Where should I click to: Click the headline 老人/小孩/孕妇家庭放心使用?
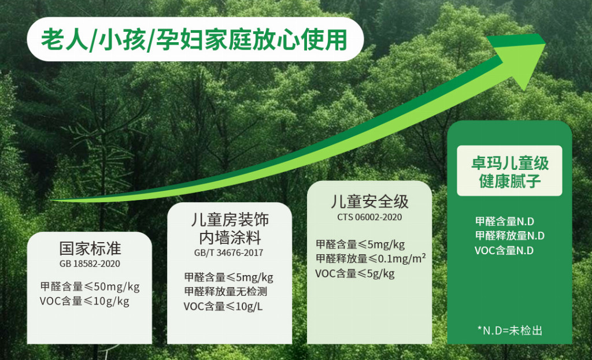[194, 40]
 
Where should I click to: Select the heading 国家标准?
[90, 248]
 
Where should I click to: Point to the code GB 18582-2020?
[90, 263]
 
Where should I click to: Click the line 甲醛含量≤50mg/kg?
[90, 287]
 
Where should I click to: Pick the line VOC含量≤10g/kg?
[84, 301]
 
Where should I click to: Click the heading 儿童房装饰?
[230, 220]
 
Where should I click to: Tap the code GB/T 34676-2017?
[229, 253]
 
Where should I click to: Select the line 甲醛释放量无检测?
[226, 291]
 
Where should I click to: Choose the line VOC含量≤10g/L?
[223, 306]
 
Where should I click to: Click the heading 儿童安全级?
[369, 202]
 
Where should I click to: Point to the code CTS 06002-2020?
[369, 217]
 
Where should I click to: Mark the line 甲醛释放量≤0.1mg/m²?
[371, 259]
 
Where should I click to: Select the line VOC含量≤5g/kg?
[355, 273]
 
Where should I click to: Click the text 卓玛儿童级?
[510, 164]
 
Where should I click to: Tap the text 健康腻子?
[510, 181]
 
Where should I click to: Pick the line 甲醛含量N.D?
[505, 221]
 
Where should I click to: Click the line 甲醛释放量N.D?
[510, 236]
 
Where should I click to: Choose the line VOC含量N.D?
[504, 251]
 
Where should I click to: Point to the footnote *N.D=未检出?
[510, 331]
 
